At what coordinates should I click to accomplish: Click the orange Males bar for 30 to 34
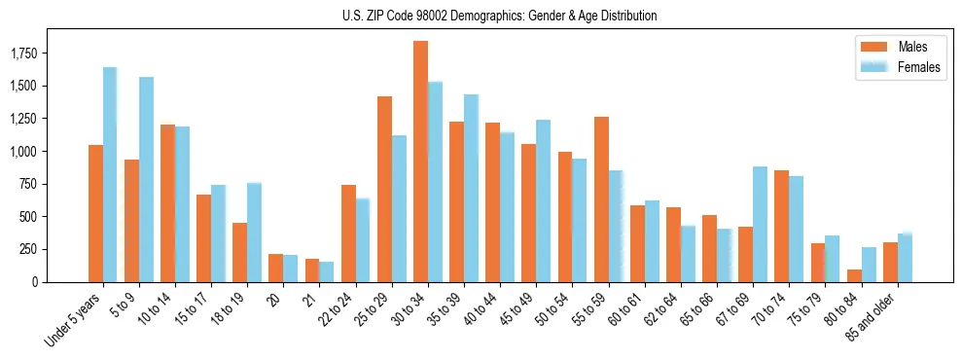[420, 162]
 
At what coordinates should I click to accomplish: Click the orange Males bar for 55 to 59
[601, 199]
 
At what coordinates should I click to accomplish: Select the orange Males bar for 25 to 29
[384, 189]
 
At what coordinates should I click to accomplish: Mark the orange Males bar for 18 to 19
[239, 252]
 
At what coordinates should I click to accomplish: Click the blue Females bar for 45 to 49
[543, 201]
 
